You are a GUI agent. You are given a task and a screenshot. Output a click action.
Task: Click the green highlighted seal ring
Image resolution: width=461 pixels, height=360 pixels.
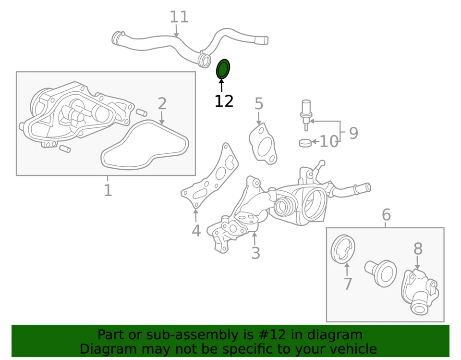coord(222,69)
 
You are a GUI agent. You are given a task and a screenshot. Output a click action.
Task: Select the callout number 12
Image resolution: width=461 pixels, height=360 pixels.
coord(224,101)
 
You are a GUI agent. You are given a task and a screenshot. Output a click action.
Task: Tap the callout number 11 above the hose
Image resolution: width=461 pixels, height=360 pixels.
coord(179,17)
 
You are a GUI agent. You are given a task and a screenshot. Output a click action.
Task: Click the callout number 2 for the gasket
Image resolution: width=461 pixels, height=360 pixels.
coord(162,103)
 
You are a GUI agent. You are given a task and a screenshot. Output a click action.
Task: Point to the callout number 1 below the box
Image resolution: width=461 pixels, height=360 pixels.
coord(108,190)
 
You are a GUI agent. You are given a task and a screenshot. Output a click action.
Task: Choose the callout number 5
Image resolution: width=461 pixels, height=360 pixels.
coord(259,104)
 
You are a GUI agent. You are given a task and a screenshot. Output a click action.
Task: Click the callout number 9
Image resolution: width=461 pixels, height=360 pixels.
coord(353,133)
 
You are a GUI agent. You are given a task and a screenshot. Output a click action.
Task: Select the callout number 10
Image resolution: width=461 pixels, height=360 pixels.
coord(329,141)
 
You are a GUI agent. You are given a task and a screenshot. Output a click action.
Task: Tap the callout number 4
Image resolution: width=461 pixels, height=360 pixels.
coord(196,231)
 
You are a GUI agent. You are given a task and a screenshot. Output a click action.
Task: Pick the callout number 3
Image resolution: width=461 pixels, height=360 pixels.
coord(255,252)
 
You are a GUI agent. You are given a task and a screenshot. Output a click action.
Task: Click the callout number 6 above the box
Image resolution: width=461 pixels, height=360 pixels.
coord(386,215)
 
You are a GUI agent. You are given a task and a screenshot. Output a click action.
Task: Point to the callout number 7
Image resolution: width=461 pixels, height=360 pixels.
coord(348,284)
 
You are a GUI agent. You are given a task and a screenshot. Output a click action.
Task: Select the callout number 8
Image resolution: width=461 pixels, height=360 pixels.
coord(418,248)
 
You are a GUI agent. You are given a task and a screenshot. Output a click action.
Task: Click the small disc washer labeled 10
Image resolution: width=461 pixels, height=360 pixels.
coord(305,143)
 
